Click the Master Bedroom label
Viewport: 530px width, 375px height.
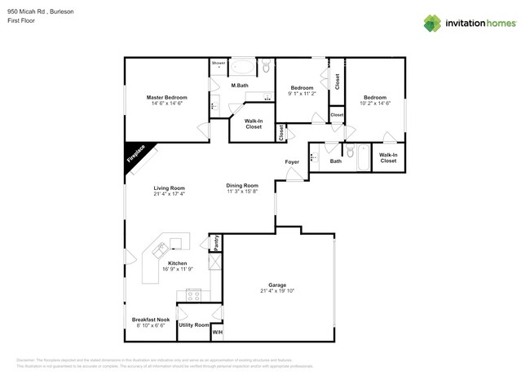[x=166, y=97]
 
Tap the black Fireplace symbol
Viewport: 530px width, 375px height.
[x=135, y=155]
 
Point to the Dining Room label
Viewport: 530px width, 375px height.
[x=242, y=185]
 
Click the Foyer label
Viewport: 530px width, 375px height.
[x=292, y=162]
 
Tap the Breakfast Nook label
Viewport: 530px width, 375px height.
[x=151, y=320]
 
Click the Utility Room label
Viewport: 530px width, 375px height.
[x=193, y=324]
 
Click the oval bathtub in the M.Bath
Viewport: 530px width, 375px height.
[x=243, y=67]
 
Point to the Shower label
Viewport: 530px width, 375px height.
[x=219, y=63]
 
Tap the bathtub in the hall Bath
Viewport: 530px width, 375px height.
[x=362, y=157]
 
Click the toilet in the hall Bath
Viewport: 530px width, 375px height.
[x=349, y=152]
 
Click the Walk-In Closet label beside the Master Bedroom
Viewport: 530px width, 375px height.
[x=254, y=124]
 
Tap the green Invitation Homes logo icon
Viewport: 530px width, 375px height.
[x=432, y=24]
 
